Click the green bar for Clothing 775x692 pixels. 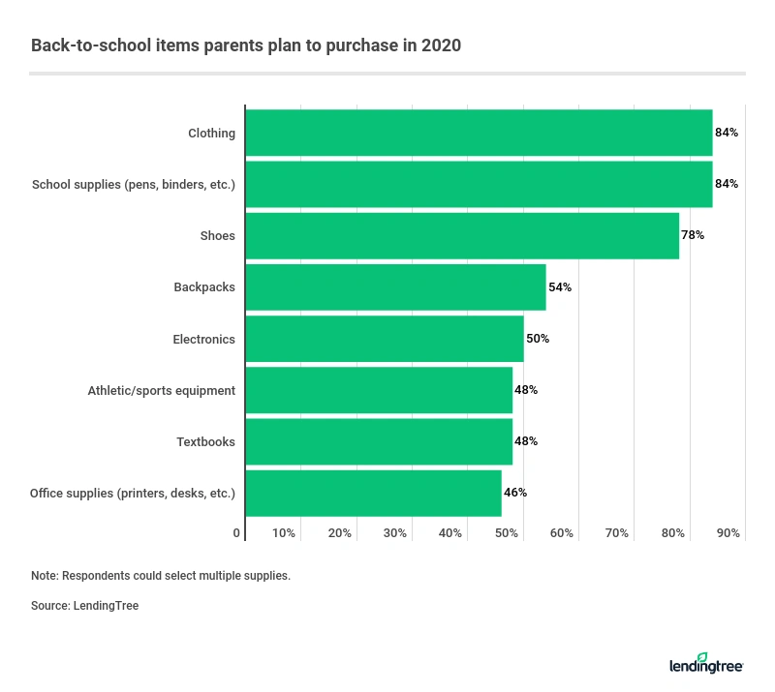(479, 133)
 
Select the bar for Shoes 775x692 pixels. (462, 235)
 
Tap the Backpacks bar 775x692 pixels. (395, 287)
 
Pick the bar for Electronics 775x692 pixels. (385, 339)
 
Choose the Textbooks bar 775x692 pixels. (379, 441)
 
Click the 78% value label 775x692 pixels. (693, 235)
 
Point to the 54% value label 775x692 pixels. (560, 287)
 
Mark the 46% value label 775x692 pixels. (515, 493)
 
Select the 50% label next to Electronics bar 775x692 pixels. (538, 339)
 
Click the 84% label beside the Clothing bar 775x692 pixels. (727, 133)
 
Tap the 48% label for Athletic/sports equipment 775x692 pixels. (526, 390)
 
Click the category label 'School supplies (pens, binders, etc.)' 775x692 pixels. (134, 184)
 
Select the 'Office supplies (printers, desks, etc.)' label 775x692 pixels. (133, 493)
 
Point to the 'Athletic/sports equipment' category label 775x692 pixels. (162, 390)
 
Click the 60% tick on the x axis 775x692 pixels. (562, 533)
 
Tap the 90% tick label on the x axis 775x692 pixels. (728, 533)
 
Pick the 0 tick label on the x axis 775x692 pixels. (237, 533)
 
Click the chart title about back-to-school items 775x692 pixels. (246, 45)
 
